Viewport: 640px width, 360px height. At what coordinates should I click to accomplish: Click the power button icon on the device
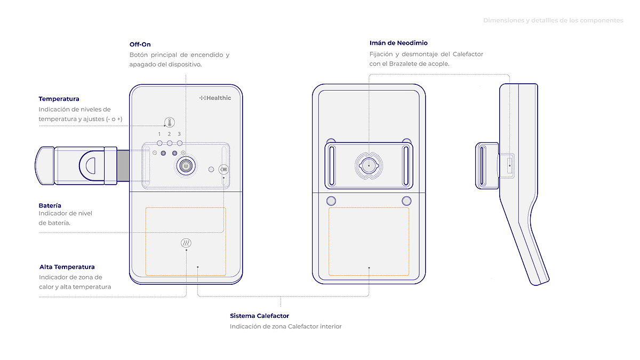point(186,165)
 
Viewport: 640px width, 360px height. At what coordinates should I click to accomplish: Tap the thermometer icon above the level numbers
point(170,122)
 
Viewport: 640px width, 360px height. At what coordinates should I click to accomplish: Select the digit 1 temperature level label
point(159,134)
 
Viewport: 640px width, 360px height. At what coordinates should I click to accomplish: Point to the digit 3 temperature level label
point(179,134)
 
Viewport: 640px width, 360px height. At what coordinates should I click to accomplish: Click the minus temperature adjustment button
point(155,153)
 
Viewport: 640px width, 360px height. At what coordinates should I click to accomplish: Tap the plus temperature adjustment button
point(183,153)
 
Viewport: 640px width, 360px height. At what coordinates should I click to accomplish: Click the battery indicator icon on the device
point(223,170)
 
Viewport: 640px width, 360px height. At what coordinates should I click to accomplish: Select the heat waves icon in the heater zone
point(186,243)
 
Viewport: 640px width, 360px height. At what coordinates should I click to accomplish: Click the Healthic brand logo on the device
point(215,98)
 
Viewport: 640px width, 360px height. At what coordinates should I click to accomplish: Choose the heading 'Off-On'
point(140,44)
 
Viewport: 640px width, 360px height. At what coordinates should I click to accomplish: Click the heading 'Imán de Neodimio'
point(398,43)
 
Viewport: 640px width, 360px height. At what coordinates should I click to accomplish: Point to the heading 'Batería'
point(50,205)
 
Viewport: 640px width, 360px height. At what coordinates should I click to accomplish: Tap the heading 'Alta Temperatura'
point(67,267)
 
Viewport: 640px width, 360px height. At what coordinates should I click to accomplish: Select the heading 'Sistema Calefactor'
point(259,316)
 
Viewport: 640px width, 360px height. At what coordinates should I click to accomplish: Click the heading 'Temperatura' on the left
point(59,99)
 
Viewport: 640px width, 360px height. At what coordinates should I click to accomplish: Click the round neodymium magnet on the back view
point(369,166)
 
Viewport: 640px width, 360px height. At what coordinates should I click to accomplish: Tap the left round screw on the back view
point(331,201)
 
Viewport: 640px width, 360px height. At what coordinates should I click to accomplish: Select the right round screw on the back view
point(406,201)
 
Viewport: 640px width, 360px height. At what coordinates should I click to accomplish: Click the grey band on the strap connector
point(123,166)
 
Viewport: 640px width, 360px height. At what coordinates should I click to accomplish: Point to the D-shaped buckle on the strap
point(92,166)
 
